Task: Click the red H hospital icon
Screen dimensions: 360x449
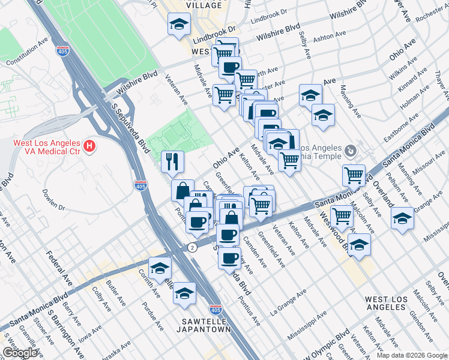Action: [89, 145]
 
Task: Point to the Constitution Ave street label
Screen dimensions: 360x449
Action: [26, 54]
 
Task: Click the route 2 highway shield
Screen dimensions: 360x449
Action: [191, 247]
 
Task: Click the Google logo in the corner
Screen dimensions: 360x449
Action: [20, 353]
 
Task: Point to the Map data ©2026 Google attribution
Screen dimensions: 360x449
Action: [411, 355]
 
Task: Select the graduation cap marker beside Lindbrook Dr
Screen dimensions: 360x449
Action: [178, 26]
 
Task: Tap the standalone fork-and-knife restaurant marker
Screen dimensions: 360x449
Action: [172, 161]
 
